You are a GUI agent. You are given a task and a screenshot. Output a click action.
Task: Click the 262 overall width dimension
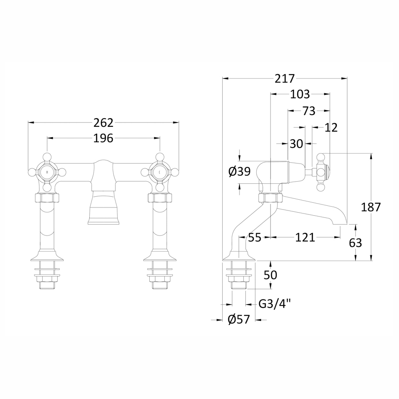[104, 123]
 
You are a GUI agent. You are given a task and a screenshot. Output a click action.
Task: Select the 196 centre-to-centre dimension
[104, 138]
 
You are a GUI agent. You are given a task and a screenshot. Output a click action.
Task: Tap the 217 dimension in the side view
[285, 79]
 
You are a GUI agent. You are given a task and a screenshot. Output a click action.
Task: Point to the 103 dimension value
[300, 94]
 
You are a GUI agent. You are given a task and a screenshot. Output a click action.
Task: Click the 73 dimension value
[309, 111]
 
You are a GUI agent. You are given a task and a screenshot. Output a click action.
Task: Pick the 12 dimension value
[331, 128]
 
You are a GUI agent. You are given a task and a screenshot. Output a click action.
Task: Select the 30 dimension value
[296, 144]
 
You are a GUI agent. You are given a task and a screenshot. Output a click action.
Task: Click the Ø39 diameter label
[239, 172]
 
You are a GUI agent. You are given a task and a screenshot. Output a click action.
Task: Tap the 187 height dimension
[371, 207]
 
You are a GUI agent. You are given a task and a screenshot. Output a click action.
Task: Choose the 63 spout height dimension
[355, 243]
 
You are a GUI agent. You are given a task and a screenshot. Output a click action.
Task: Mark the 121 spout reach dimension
[305, 237]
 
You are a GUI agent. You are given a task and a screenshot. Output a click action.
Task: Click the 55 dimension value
[254, 237]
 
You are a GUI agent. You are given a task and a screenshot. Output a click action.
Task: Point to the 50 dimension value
[270, 275]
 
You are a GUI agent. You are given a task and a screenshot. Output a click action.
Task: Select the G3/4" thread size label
[275, 304]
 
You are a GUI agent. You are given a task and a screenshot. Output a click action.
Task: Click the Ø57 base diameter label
[239, 320]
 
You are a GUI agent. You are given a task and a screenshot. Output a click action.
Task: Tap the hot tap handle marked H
[47, 172]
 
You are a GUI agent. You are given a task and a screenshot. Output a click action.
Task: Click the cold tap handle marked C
[160, 172]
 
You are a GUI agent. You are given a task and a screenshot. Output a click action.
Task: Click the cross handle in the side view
[321, 172]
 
